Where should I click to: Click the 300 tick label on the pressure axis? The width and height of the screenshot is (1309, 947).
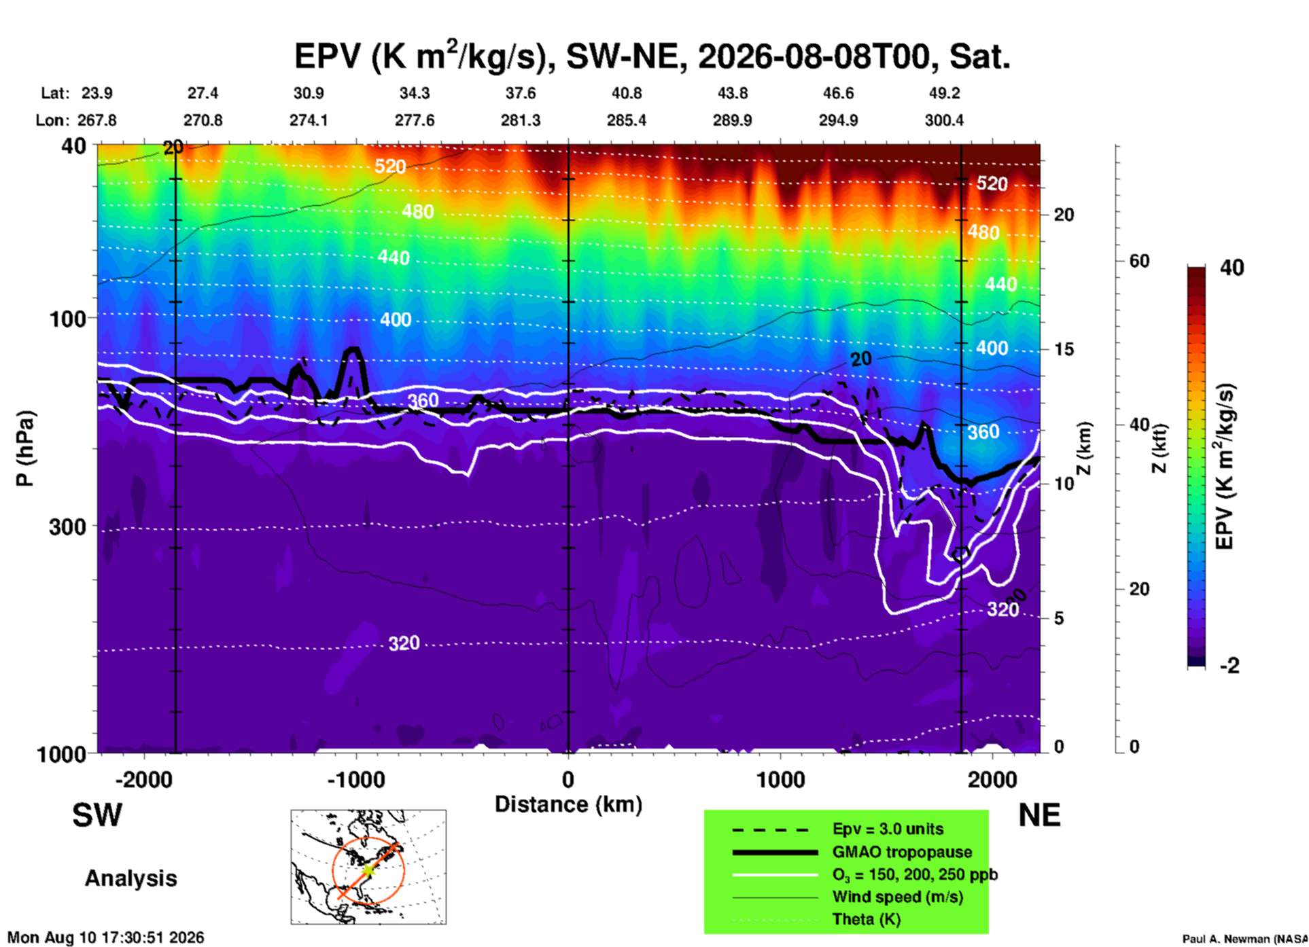pos(67,526)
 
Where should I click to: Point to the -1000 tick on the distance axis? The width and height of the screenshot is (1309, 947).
pos(356,779)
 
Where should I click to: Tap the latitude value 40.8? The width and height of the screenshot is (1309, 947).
pos(627,93)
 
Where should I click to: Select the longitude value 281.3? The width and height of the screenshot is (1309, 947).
pos(521,120)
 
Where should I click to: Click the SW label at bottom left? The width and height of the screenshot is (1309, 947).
pos(97,815)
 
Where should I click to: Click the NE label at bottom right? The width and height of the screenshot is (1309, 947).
pos(1039,815)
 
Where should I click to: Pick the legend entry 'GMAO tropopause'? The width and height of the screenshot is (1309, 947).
pos(902,852)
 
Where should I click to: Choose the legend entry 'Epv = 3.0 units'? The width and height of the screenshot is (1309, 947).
pos(888,829)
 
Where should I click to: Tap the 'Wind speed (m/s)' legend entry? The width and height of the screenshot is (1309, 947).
pos(897,897)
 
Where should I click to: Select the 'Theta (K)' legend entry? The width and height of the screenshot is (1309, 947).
pos(867,920)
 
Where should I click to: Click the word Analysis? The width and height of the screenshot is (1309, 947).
pos(130,878)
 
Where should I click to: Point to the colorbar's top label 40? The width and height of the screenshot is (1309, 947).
pos(1232,268)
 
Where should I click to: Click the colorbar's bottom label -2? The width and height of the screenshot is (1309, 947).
pos(1229,666)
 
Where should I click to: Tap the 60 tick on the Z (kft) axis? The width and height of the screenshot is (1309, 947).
pos(1139,261)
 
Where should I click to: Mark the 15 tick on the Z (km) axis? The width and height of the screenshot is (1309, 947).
pos(1064,349)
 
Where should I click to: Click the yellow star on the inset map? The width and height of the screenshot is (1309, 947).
pos(368,870)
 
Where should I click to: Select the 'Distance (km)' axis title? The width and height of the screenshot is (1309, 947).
pos(568,804)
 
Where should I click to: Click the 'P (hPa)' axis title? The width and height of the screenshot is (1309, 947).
pos(24,448)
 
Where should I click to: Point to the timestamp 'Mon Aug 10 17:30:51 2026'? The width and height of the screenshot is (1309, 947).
pos(105,937)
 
